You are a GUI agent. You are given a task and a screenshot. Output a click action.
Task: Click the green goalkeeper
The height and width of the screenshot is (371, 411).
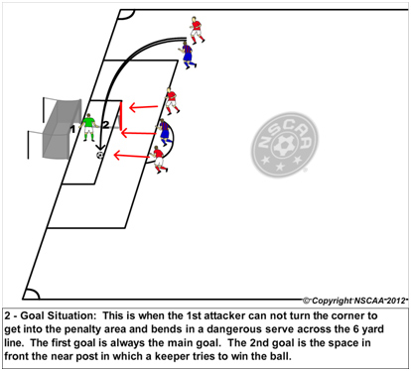(x=88, y=126)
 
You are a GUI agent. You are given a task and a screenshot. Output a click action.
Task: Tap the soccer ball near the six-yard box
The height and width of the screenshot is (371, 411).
(x=100, y=156)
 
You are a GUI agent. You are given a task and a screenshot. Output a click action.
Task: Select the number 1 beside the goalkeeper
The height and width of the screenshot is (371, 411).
(x=73, y=128)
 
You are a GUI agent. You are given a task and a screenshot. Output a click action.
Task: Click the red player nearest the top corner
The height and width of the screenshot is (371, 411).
(x=196, y=29)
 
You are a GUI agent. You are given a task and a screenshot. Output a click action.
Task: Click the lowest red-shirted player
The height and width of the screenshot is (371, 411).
(x=158, y=159)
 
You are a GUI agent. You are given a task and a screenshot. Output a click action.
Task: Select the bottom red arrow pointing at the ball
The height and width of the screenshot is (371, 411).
(x=128, y=155)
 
